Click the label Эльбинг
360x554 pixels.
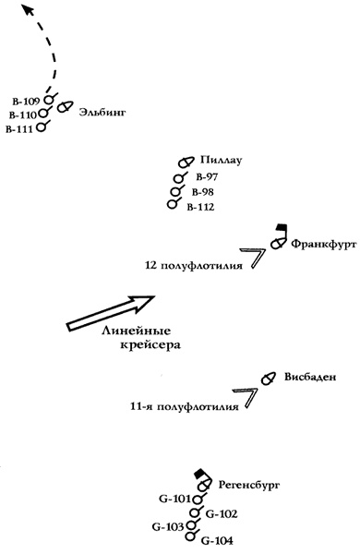102,113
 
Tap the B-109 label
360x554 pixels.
26,102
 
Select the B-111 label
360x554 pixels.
19,129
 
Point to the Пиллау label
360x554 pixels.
222,161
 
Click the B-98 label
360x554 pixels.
203,192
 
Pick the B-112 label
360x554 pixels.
200,207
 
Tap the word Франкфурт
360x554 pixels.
324,244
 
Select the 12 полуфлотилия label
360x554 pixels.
194,265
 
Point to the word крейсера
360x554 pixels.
150,344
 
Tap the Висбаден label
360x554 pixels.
310,377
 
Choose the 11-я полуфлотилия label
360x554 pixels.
185,406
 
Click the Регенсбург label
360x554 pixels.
249,485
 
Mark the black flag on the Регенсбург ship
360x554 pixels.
200,474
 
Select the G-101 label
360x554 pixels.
174,499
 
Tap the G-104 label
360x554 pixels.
217,540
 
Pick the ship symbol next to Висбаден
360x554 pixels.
268,379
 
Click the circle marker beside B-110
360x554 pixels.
43,113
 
